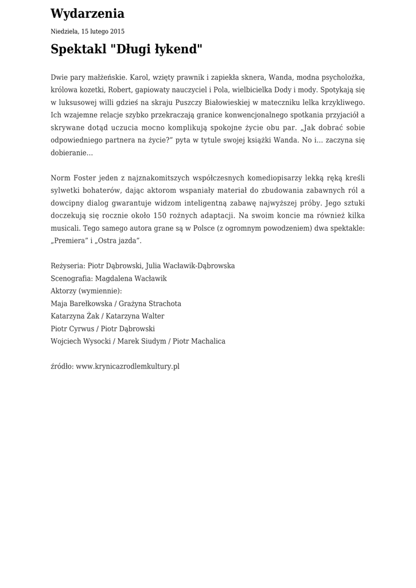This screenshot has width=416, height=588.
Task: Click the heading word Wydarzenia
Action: tap(87, 14)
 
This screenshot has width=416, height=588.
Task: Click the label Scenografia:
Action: tap(72, 278)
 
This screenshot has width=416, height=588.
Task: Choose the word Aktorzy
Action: tap(64, 291)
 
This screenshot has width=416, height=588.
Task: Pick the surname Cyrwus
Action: tap(81, 329)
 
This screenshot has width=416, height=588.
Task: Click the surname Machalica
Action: tap(207, 342)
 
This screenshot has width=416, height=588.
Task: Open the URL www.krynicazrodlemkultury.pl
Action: tap(127, 366)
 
